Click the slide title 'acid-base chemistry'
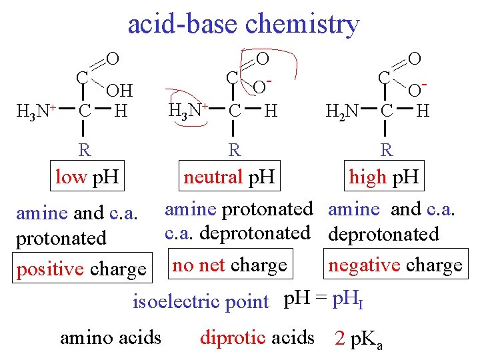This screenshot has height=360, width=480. click(x=243, y=24)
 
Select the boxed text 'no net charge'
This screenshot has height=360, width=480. click(x=230, y=265)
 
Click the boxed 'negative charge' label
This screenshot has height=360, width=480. click(x=395, y=265)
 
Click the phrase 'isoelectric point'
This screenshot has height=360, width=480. click(x=201, y=301)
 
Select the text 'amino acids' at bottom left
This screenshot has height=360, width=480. click(x=111, y=337)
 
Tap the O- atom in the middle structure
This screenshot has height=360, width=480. click(x=263, y=87)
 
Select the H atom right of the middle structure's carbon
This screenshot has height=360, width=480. click(x=271, y=110)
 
